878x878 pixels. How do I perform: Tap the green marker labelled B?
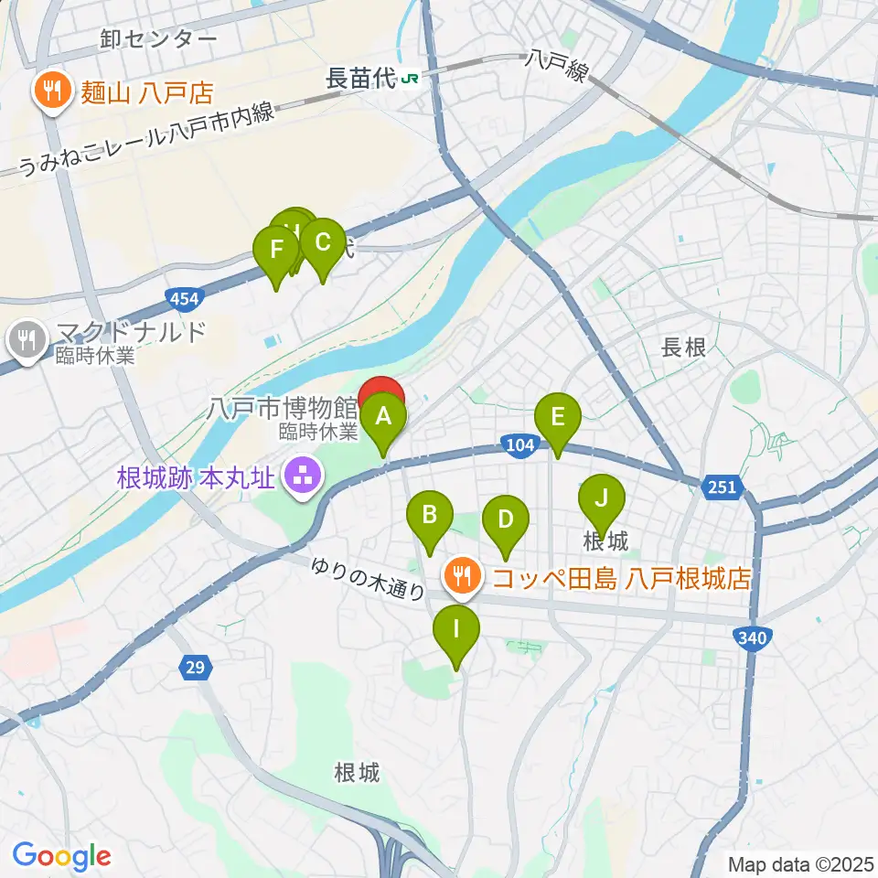(x=429, y=516)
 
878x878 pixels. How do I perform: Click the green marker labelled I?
(x=455, y=630)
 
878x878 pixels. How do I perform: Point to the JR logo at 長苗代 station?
(x=412, y=80)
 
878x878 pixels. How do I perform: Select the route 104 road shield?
(x=518, y=444)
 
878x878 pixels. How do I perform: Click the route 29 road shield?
(x=194, y=669)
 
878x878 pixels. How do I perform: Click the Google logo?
(x=61, y=856)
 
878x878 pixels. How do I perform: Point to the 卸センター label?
(x=159, y=38)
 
